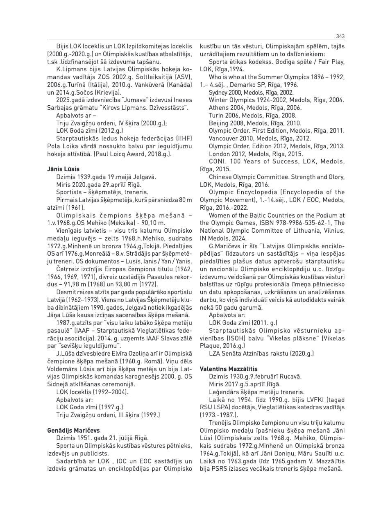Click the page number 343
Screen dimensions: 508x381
point(340,36)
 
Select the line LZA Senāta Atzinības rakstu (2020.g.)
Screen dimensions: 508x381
point(261,353)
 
